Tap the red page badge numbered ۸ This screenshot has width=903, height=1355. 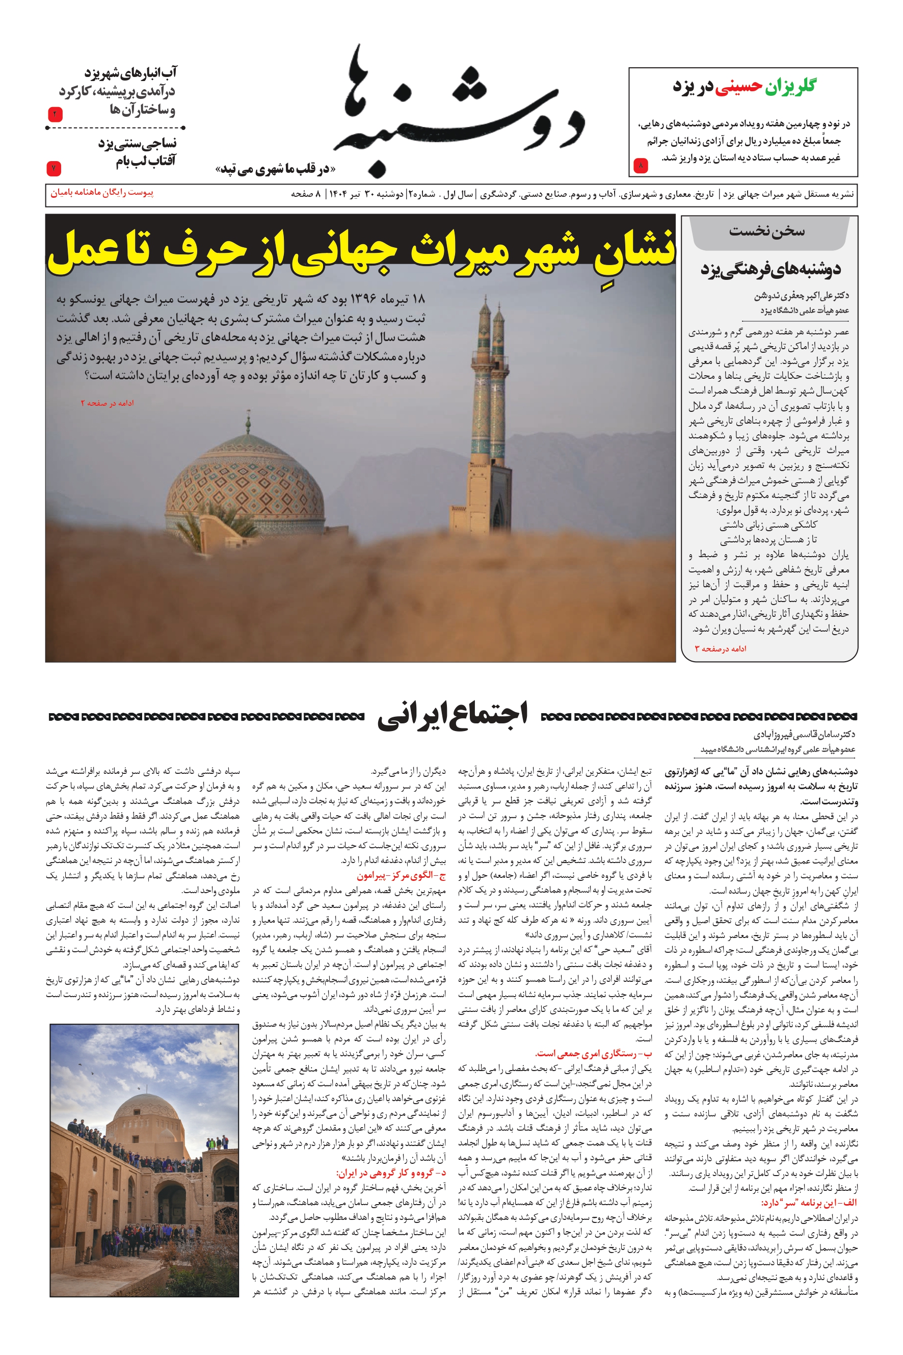(641, 166)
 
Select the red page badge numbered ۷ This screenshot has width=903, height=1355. (54, 168)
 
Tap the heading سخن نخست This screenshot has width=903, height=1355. (766, 231)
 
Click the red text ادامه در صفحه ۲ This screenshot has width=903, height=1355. (107, 403)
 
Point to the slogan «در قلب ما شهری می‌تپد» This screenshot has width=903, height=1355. (275, 169)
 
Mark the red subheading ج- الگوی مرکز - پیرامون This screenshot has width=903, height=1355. (401, 876)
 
